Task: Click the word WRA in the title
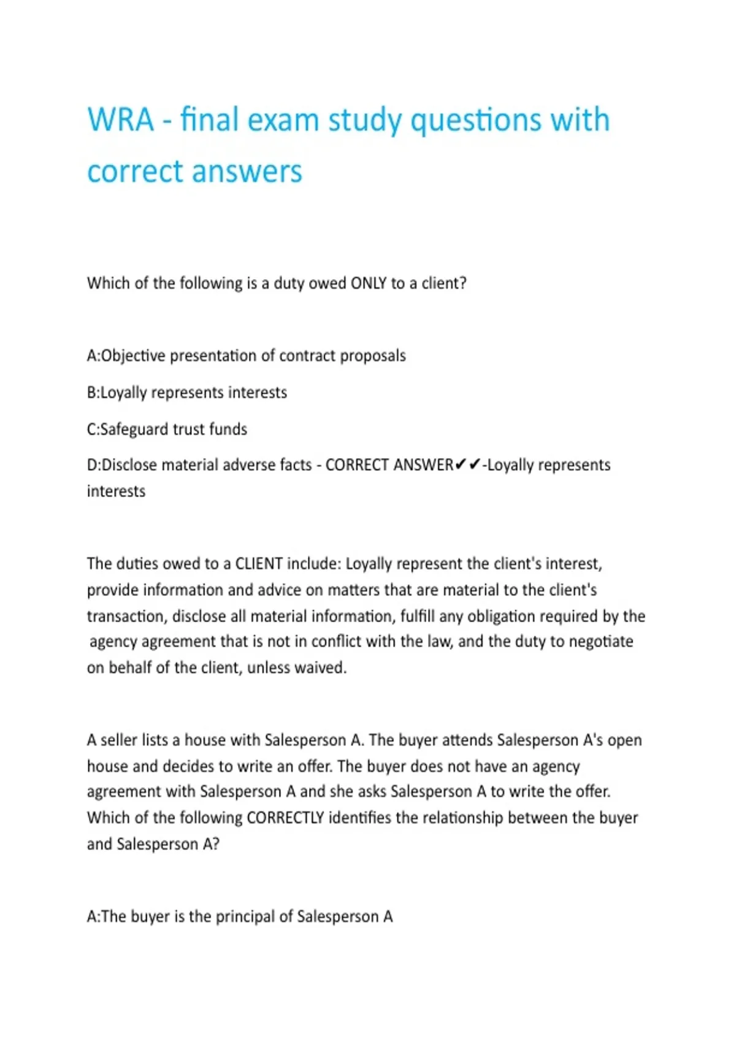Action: tap(120, 119)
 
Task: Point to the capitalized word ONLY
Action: tap(368, 283)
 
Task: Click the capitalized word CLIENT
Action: tap(259, 564)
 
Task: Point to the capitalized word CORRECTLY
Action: tap(285, 818)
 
